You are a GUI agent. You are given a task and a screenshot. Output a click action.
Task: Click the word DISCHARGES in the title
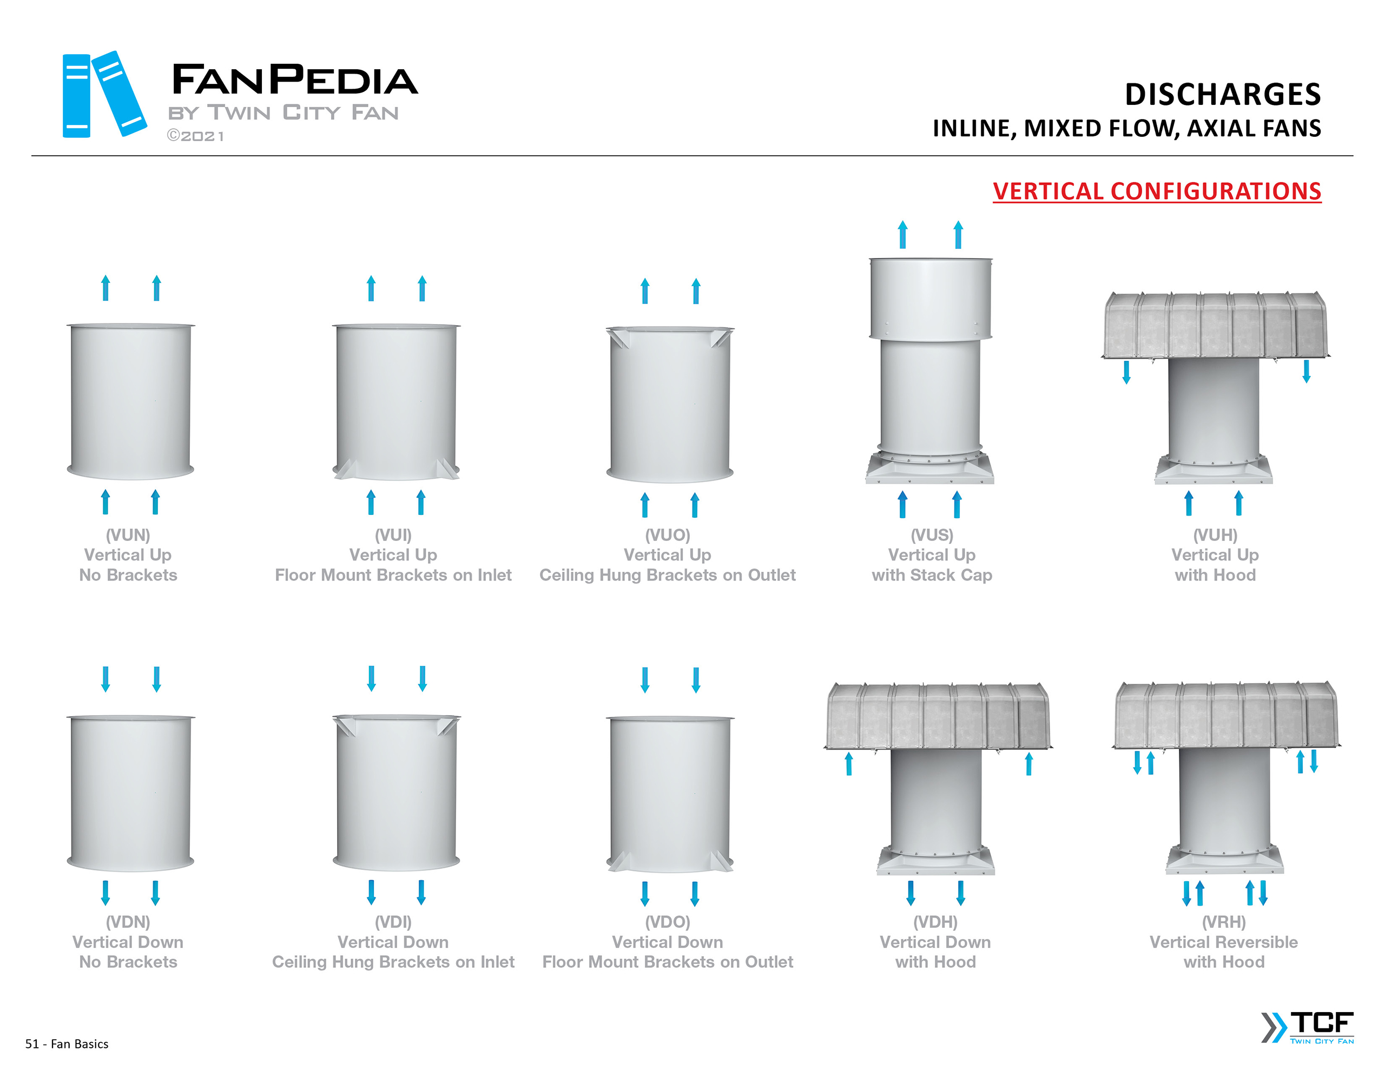pos(1222,95)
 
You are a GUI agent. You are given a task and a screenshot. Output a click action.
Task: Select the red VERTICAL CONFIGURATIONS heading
pos(1157,191)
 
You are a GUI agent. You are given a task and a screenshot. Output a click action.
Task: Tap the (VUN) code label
pos(128,534)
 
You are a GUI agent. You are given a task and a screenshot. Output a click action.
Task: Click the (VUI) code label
pos(393,534)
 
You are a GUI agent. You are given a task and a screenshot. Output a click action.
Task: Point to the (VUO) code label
pos(667,534)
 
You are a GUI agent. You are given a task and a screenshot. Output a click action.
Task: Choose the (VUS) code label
pos(932,534)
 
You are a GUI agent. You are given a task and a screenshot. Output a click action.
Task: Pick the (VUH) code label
pos(1215,534)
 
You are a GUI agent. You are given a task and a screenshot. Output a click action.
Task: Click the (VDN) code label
pos(128,922)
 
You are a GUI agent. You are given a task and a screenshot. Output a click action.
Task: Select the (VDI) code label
pos(393,922)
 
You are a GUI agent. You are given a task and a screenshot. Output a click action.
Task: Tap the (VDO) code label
pos(667,922)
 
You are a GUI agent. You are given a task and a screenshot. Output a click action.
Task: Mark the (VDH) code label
pos(935,922)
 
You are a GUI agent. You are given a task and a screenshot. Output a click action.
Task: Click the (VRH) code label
pos(1224,922)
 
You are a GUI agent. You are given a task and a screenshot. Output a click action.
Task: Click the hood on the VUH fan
pos(1215,325)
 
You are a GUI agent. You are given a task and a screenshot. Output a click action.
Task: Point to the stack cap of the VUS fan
pos(931,298)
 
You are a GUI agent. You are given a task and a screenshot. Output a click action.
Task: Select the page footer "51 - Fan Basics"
pos(67,1043)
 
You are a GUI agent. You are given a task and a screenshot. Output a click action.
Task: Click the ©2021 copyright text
pos(195,136)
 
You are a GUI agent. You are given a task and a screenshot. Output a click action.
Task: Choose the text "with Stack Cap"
pos(932,574)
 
